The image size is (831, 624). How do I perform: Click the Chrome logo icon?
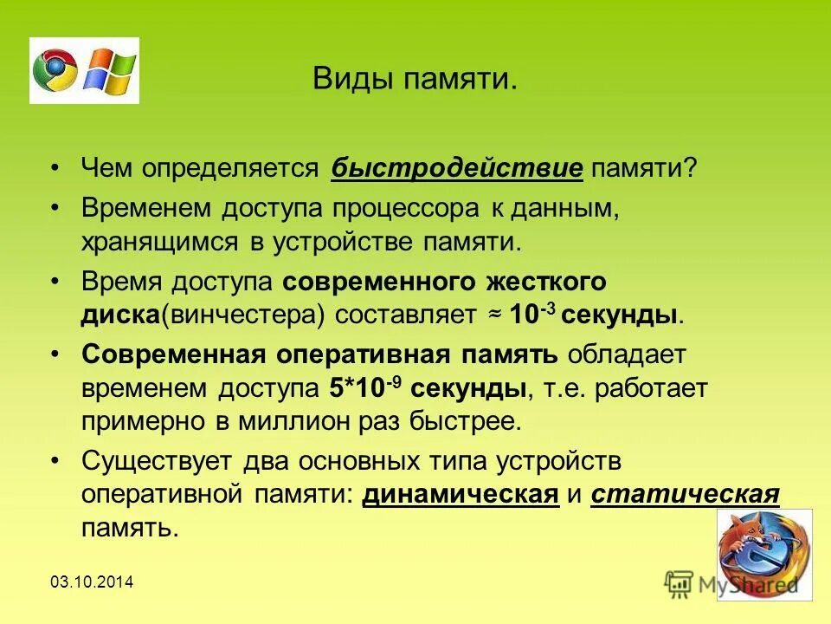[x=55, y=70]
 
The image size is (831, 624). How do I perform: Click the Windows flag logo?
[x=109, y=70]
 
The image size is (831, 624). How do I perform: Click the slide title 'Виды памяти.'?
[x=415, y=81]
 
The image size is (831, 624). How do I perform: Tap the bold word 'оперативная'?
[x=370, y=355]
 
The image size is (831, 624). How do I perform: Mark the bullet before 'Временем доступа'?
[x=56, y=209]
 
